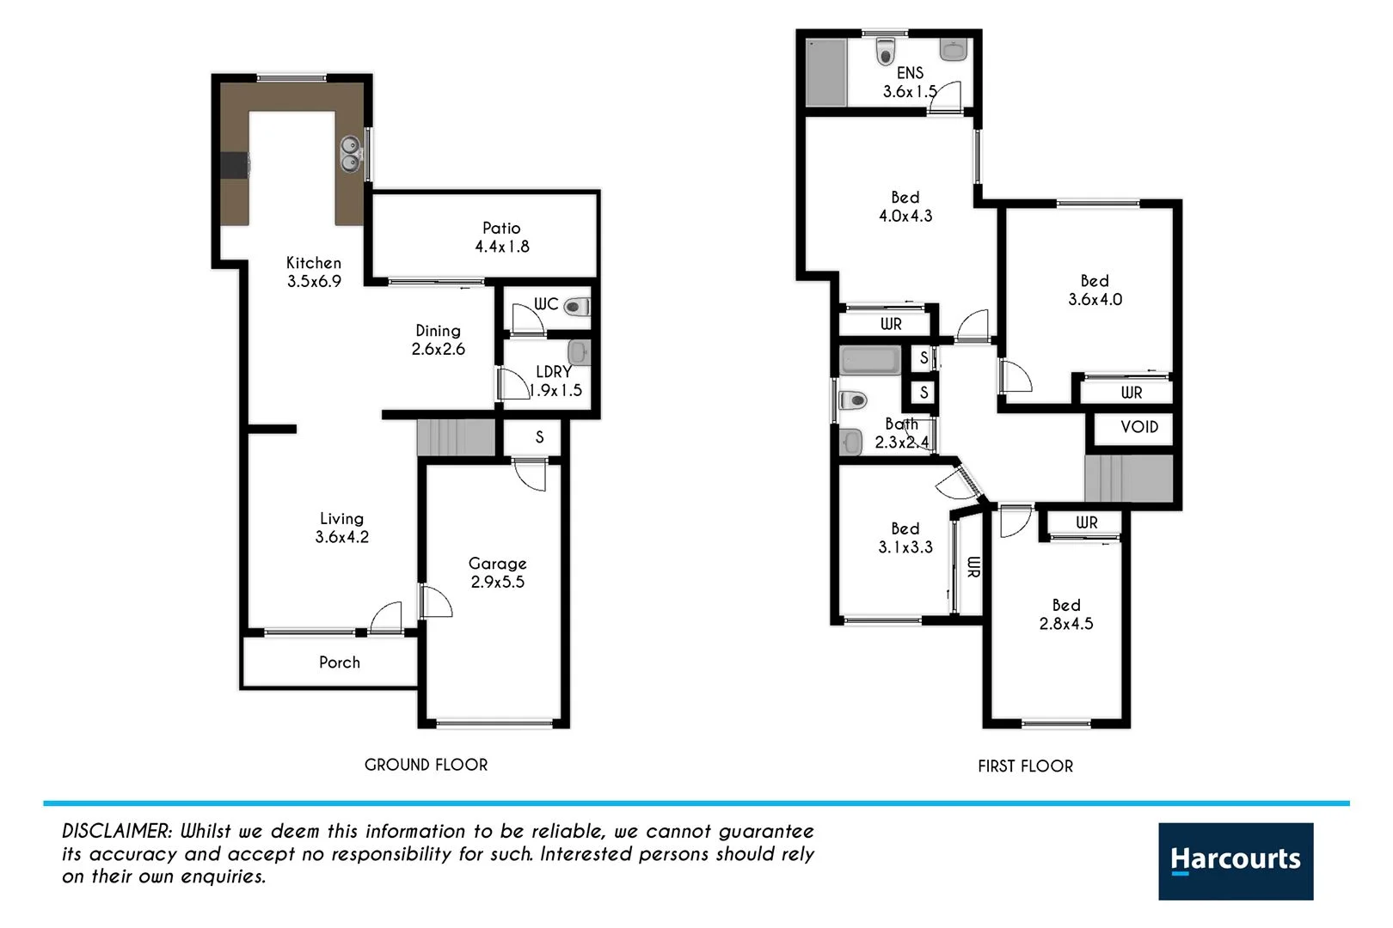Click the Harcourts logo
pyautogui.click(x=1235, y=861)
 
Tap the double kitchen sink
pyautogui.click(x=350, y=154)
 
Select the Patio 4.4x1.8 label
pyautogui.click(x=501, y=237)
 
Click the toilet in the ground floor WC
pyautogui.click(x=579, y=306)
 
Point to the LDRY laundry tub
pyautogui.click(x=578, y=351)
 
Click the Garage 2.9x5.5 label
pyautogui.click(x=497, y=572)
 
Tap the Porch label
pyautogui.click(x=339, y=662)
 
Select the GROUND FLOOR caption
pyautogui.click(x=426, y=765)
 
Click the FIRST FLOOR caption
pyautogui.click(x=1025, y=766)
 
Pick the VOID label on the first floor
pyautogui.click(x=1138, y=427)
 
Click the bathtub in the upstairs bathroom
pyautogui.click(x=870, y=360)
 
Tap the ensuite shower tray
pyautogui.click(x=826, y=72)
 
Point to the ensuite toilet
pyautogui.click(x=886, y=52)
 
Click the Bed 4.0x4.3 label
pyautogui.click(x=905, y=207)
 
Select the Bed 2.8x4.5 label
pyautogui.click(x=1065, y=615)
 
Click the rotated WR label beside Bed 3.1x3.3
pyautogui.click(x=973, y=567)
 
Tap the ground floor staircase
pyautogui.click(x=456, y=437)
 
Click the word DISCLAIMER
pyautogui.click(x=117, y=832)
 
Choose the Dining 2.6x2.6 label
pyautogui.click(x=438, y=339)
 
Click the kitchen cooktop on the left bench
pyautogui.click(x=234, y=165)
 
